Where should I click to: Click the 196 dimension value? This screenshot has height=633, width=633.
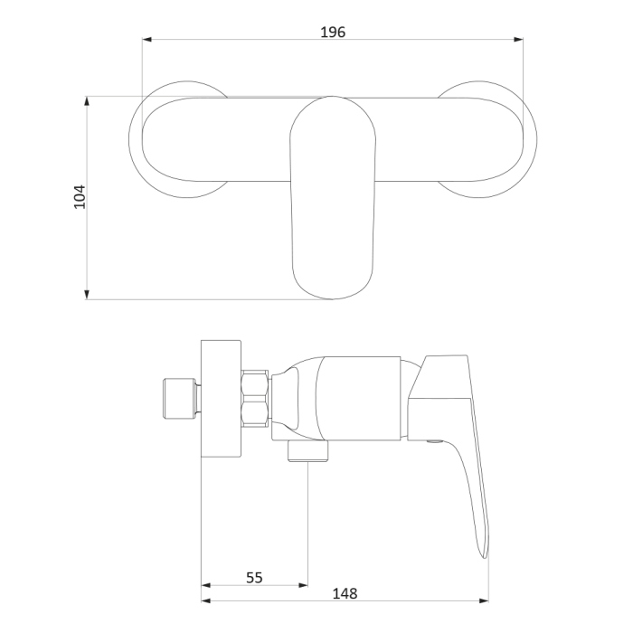point(333,32)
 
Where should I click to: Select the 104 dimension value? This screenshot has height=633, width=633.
point(80,196)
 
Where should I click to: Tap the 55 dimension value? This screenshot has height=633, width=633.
point(254,578)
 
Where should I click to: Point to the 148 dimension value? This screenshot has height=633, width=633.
point(345,593)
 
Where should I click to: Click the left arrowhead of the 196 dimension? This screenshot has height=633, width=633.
point(146,39)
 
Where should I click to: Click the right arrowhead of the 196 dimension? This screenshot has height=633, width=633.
point(518,39)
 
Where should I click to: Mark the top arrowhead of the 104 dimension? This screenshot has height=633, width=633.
point(87,101)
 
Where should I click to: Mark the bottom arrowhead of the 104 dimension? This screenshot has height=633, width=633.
point(87,295)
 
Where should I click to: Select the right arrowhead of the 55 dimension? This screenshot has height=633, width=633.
point(303,585)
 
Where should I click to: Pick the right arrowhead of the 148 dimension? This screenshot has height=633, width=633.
point(484,600)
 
